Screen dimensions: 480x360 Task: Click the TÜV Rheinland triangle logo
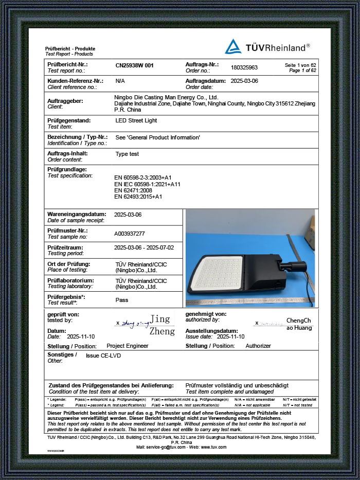point(233,47)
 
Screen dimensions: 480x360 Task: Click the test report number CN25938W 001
point(134,66)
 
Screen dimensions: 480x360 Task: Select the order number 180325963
point(244,67)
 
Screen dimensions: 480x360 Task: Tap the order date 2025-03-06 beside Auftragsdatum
point(244,81)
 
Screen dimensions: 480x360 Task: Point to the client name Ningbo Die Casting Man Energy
point(166,97)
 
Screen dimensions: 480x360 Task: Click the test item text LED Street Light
point(136,120)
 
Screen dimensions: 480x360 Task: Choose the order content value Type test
point(127,154)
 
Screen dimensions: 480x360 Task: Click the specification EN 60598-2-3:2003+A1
point(143,177)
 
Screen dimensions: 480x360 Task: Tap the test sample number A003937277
point(133,233)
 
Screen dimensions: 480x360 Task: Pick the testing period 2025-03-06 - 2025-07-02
point(144,247)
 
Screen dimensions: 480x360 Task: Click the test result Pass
point(122,300)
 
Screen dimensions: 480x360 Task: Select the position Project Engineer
point(127,346)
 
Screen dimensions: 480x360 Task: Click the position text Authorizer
point(258,346)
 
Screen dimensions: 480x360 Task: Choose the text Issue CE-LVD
point(103,355)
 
